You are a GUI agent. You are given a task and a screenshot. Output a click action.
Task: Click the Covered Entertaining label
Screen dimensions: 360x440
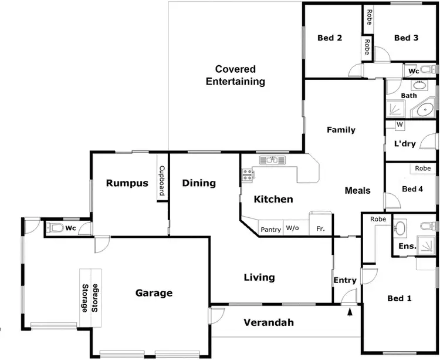235,75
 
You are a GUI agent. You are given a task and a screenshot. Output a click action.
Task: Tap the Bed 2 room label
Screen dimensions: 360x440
330,38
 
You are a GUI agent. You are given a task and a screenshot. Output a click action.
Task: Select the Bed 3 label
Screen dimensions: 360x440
406,38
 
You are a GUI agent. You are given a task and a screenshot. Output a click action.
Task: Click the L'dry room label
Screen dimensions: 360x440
405,144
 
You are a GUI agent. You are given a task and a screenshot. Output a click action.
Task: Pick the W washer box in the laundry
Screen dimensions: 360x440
400,125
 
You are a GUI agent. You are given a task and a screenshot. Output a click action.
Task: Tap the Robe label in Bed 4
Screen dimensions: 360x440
422,169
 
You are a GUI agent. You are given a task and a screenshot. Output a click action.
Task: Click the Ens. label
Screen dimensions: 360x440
407,246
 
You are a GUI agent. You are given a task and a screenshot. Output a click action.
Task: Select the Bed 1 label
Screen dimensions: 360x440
399,298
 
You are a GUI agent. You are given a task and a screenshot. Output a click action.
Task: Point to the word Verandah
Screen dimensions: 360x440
269,322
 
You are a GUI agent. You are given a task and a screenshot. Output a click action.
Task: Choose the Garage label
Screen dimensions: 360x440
154,293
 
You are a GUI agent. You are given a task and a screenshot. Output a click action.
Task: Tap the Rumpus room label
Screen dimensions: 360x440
127,183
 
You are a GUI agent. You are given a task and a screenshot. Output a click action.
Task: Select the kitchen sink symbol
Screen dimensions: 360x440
272,159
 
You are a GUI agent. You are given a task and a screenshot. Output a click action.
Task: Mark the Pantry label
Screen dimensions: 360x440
270,230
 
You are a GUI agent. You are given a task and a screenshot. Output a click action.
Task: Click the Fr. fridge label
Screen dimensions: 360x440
320,229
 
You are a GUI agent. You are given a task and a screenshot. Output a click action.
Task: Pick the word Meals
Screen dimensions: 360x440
357,190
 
